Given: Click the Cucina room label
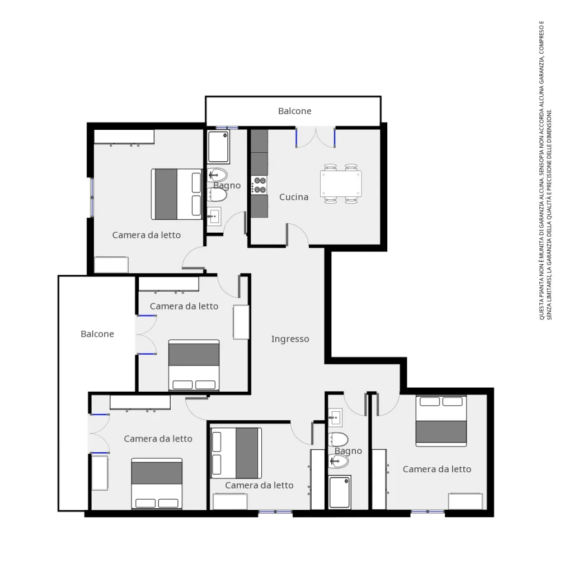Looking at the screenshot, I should (294, 197).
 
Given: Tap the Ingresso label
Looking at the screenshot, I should (290, 339).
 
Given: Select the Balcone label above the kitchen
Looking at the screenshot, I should (294, 111).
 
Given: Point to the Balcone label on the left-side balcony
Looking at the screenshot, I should (97, 334).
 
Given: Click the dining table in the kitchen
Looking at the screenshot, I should (340, 184).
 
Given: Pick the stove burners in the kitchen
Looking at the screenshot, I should (260, 185).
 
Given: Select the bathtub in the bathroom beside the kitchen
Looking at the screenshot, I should (218, 147).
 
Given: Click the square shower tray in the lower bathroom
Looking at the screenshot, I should (340, 492).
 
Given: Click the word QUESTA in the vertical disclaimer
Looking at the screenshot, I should (542, 309).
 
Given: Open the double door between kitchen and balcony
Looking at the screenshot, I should (316, 137).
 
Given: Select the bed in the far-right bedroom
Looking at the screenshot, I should (441, 421).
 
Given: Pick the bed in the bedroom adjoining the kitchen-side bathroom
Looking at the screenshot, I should (176, 194).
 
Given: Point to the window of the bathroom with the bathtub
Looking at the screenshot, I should (227, 128).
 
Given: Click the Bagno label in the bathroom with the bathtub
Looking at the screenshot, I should (227, 186).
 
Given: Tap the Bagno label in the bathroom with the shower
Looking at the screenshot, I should (348, 451).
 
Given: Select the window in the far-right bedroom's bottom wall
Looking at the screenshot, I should (428, 512).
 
